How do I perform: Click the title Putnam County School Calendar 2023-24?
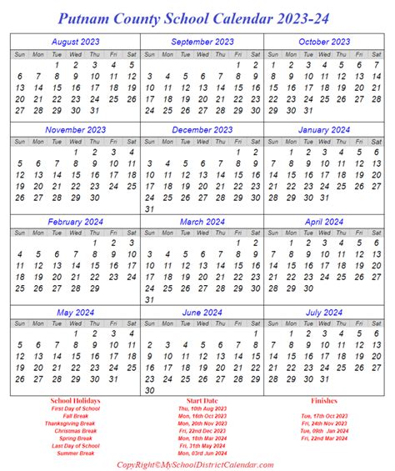click(x=197, y=17)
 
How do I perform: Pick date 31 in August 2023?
click(x=94, y=111)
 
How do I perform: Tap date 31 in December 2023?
click(x=151, y=209)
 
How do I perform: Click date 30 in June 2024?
click(x=151, y=390)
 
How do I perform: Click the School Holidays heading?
click(x=74, y=401)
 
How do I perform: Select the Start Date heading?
click(x=201, y=401)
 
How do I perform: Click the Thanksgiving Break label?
click(x=75, y=424)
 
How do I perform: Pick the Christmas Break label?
click(x=75, y=432)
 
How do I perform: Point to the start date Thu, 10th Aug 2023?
click(x=201, y=409)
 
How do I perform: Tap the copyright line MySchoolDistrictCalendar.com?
click(x=197, y=464)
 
